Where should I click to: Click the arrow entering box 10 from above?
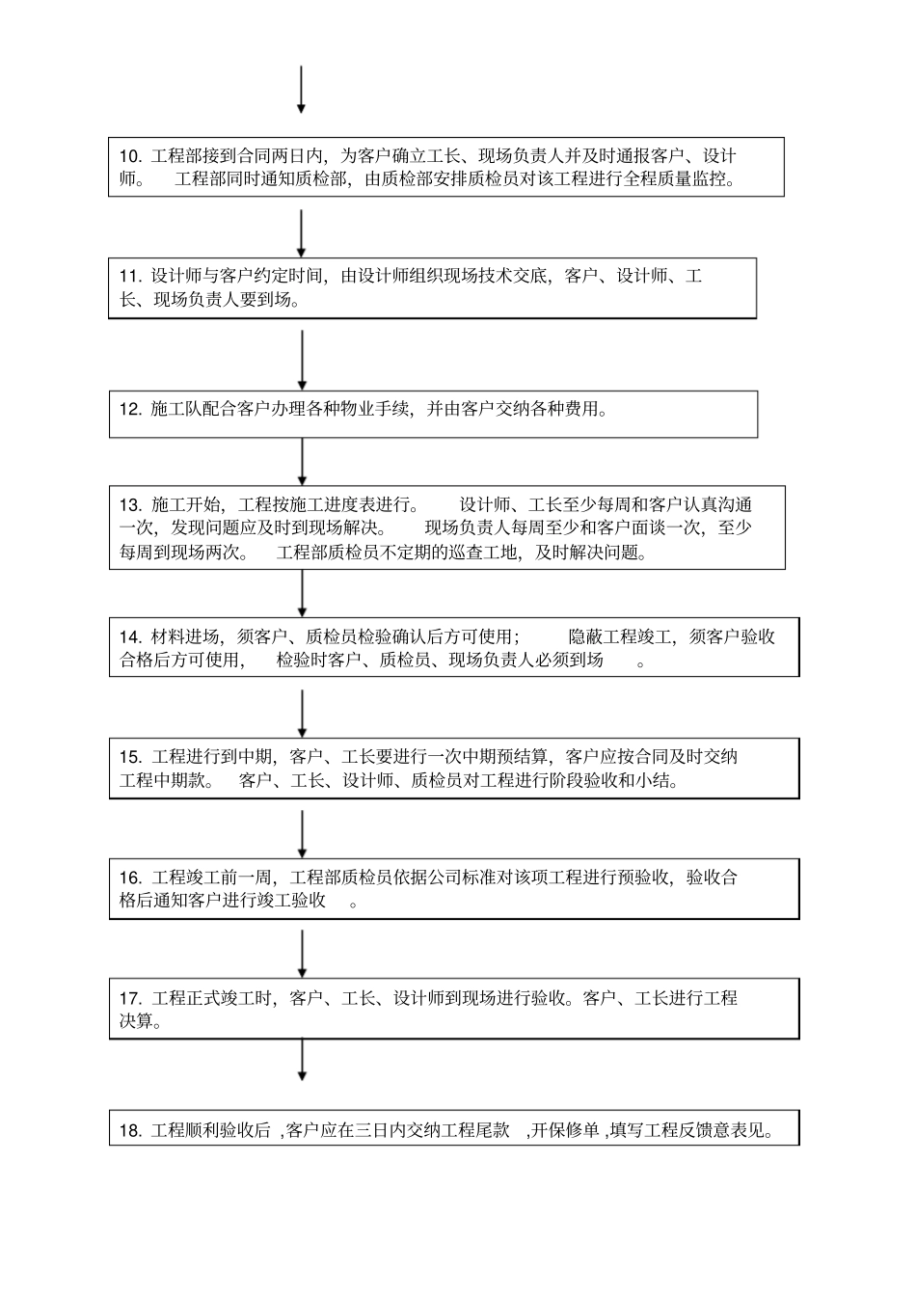coord(301,90)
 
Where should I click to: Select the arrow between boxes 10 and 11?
coord(302,234)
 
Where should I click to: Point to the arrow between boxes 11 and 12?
coord(302,355)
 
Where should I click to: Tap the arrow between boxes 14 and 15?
coord(302,714)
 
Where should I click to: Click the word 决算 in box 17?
coord(136,1021)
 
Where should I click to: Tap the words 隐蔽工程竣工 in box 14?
coord(621,636)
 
